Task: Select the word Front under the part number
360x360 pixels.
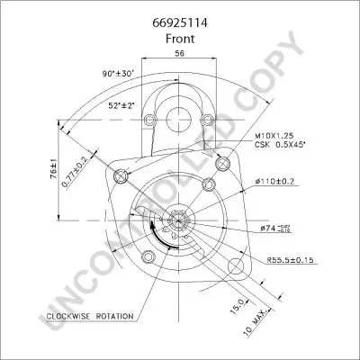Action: [x=179, y=40]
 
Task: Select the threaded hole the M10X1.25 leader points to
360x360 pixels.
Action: [x=210, y=185]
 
